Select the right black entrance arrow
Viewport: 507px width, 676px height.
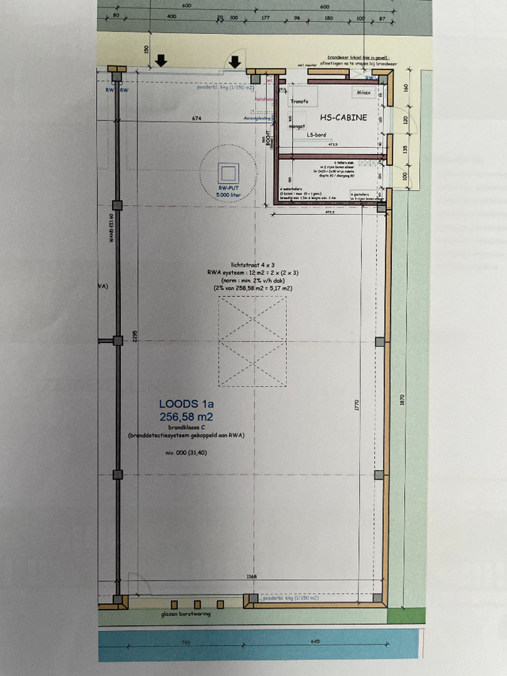click(236, 61)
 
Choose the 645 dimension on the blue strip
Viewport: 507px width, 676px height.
click(315, 642)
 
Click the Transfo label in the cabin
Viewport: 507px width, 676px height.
click(300, 101)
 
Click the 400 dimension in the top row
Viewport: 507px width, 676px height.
click(171, 16)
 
